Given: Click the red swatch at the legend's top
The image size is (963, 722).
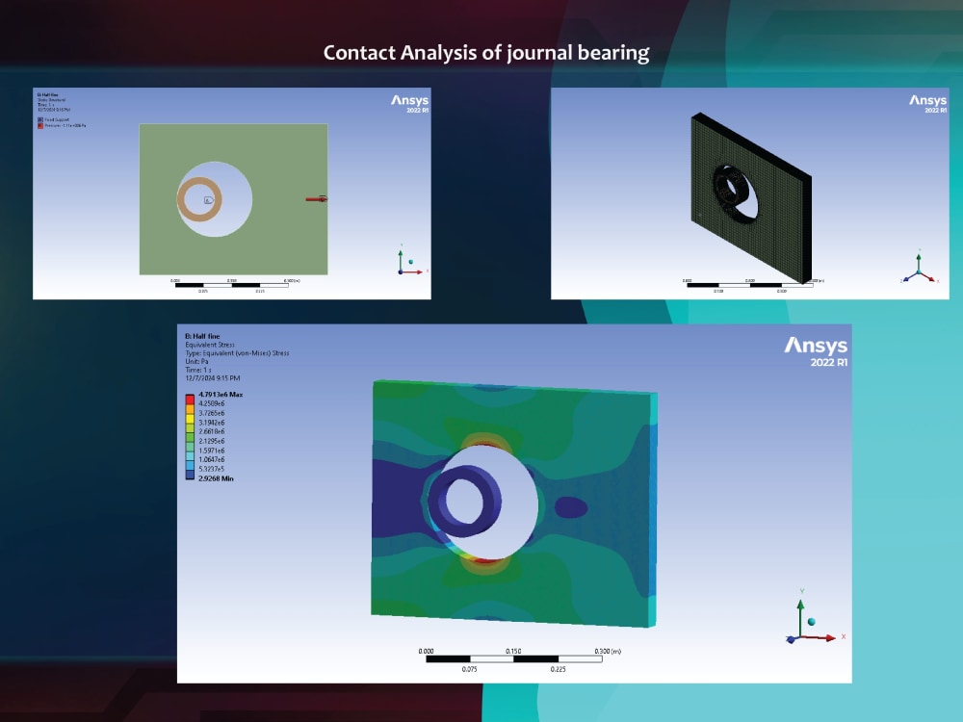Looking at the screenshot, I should tap(190, 396).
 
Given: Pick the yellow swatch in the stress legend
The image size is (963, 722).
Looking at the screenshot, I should tap(190, 423).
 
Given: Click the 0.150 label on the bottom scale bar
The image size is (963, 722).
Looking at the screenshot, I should tap(513, 651).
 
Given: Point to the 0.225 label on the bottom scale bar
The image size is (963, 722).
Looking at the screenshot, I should tap(558, 668).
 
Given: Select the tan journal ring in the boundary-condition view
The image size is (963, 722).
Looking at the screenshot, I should tap(182, 199).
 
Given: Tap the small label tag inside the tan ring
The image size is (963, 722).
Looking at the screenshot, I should tap(207, 200).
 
